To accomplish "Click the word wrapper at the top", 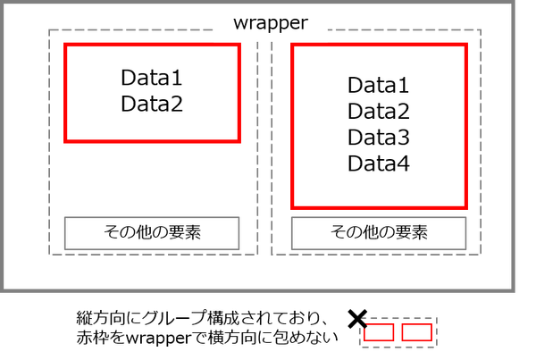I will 270,23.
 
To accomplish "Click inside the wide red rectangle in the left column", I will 152,93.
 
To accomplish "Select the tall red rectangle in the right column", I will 379,125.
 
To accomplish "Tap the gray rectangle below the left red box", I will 152,233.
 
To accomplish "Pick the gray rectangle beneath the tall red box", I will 379,233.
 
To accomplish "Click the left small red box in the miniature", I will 379,332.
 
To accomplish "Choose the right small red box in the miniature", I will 416,332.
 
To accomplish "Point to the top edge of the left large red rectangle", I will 152,45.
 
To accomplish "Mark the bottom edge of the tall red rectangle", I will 379,206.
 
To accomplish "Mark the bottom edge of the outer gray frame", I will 259,289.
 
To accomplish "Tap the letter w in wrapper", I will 240,24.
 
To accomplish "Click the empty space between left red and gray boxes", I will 152,179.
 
